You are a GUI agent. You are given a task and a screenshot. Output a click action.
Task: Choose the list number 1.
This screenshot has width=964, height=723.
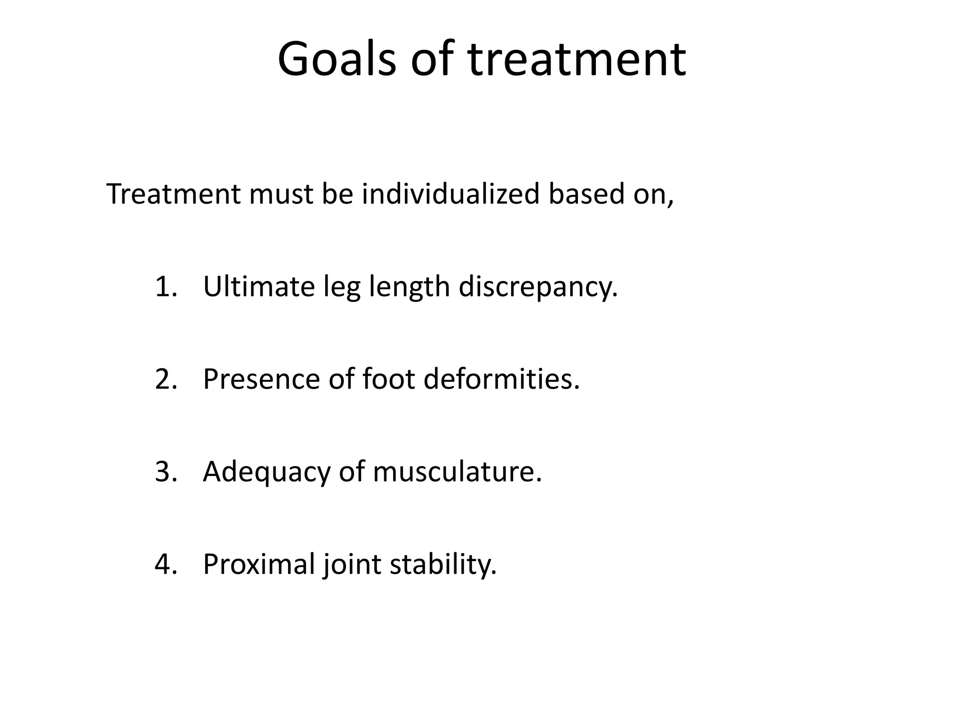(165, 287)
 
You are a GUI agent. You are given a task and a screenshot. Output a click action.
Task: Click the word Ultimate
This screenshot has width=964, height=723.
(258, 287)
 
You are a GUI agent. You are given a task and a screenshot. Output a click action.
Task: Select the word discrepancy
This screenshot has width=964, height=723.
(538, 287)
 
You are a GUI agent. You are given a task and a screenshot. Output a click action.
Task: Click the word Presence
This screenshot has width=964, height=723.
(261, 379)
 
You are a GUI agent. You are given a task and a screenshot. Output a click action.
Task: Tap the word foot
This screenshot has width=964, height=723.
(389, 379)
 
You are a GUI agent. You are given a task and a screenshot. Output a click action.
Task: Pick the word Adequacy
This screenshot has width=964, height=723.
(266, 472)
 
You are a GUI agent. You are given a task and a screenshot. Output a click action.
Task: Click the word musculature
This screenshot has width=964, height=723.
(457, 472)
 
